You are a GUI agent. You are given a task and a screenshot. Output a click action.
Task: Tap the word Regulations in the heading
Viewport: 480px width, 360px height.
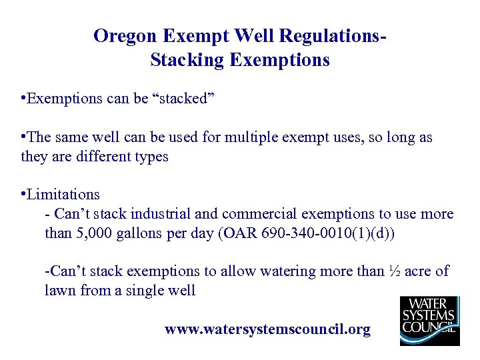point(331,36)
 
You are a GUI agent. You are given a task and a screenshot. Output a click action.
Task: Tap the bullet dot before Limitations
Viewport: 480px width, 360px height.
point(23,195)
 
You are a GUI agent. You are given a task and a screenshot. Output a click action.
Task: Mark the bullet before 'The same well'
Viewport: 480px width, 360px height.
point(23,138)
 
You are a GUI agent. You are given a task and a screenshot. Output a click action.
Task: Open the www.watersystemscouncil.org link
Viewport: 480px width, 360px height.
point(267,330)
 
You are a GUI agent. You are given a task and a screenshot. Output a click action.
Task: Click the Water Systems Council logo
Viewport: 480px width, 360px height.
point(429,321)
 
